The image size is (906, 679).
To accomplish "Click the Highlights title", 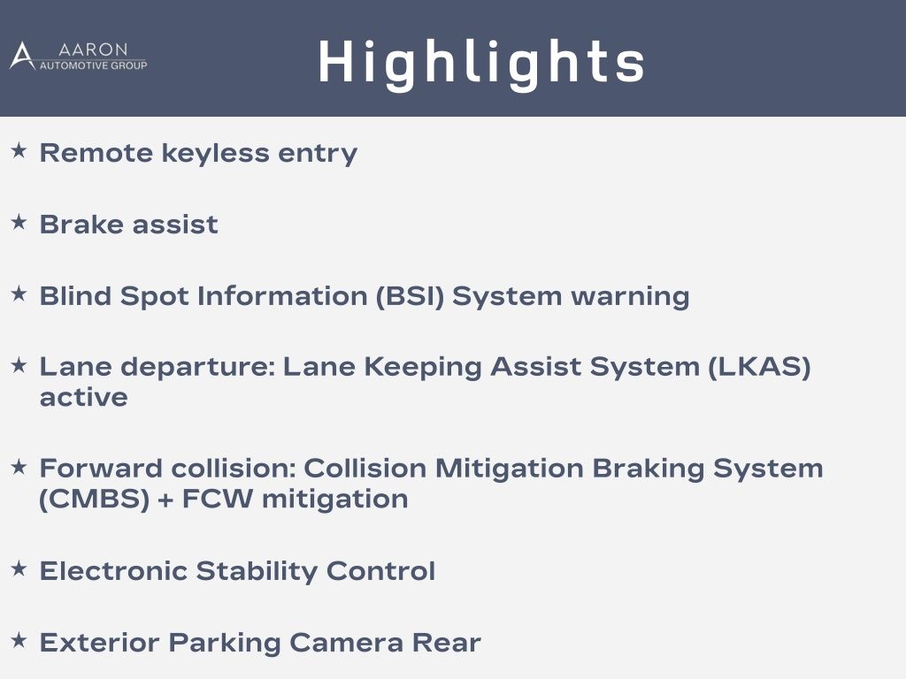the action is tap(481, 64).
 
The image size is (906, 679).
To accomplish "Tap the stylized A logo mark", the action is tap(22, 56).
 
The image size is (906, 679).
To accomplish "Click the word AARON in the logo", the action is tap(93, 50).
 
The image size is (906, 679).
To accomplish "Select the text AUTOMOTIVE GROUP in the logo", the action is tap(93, 65).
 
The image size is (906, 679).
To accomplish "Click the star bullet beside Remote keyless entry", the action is tap(19, 150).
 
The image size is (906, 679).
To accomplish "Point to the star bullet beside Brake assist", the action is tap(19, 222).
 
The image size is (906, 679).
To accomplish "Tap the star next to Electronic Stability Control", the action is tap(19, 568).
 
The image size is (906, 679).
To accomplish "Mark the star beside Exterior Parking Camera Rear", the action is tap(19, 640).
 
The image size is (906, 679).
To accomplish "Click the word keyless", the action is tap(215, 154).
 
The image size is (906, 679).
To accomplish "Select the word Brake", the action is tap(81, 224).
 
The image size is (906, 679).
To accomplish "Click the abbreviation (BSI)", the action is tap(410, 296).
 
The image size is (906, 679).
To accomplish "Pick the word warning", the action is tap(630, 297).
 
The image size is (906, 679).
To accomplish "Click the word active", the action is tap(84, 397).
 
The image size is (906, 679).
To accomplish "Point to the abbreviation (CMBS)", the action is tap(95, 499).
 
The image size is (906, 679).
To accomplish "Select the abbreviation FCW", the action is tap(218, 499).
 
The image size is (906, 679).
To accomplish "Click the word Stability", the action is tap(257, 572).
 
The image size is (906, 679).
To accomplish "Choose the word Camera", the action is tap(346, 643).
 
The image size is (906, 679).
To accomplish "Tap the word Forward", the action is tap(101, 469).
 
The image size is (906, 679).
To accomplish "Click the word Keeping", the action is tap(423, 368).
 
